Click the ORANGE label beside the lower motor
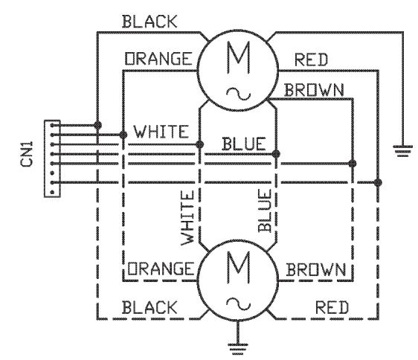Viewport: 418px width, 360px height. tap(161, 267)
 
